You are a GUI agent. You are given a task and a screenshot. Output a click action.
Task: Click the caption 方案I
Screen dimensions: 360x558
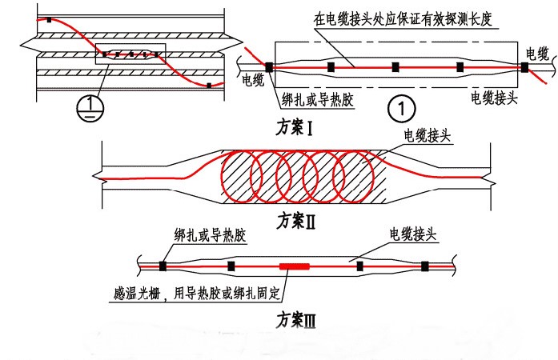[x=292, y=127]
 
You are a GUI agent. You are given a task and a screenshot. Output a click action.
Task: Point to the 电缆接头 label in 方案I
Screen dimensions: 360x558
[x=495, y=98]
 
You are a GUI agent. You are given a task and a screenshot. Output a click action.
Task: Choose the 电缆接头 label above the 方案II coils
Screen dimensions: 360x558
[x=428, y=136]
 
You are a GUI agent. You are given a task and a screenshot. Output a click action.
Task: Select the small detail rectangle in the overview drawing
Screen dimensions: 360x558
[x=128, y=54]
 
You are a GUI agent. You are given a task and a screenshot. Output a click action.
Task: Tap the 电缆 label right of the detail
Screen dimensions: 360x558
[x=537, y=54]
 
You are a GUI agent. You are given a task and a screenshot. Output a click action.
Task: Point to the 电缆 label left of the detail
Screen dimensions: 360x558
[x=255, y=81]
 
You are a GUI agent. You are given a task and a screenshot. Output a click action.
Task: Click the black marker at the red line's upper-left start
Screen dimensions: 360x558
[x=49, y=19]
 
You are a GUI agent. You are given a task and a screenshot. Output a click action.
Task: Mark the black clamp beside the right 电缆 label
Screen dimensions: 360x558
[x=524, y=68]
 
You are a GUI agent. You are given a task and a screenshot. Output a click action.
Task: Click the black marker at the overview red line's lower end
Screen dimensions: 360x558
[x=209, y=85]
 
